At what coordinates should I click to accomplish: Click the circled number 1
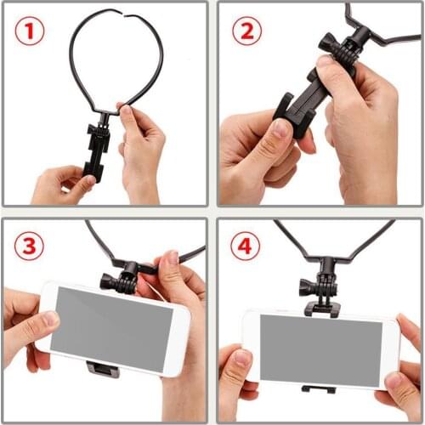click(30, 31)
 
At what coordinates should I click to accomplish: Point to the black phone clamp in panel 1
click(98, 151)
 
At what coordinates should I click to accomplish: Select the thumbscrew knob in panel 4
click(307, 286)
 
